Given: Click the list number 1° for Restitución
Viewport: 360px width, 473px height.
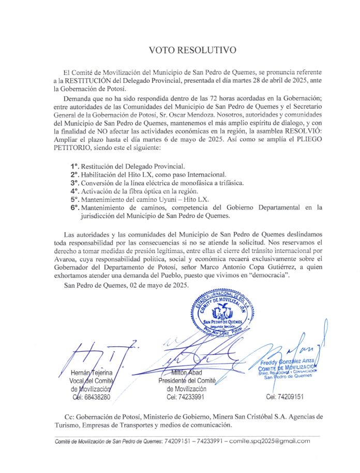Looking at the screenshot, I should coord(74,166).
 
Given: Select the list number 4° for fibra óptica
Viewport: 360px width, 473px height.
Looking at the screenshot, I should coord(74,191).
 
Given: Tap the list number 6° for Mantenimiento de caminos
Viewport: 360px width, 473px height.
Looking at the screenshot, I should coord(74,208).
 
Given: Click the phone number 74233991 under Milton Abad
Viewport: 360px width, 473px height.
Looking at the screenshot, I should coord(186,397).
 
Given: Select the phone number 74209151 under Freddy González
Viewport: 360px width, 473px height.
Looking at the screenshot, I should coord(284,397).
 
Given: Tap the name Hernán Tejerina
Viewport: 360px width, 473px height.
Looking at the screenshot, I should coord(91,373).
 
